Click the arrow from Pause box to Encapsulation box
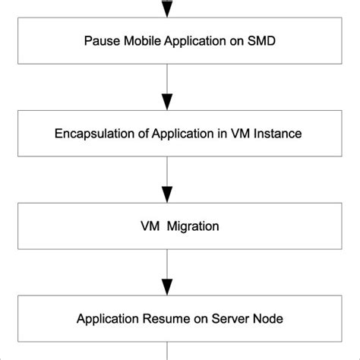coord(167,87)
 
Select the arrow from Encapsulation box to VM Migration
coord(167,180)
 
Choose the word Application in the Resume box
coord(107,318)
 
